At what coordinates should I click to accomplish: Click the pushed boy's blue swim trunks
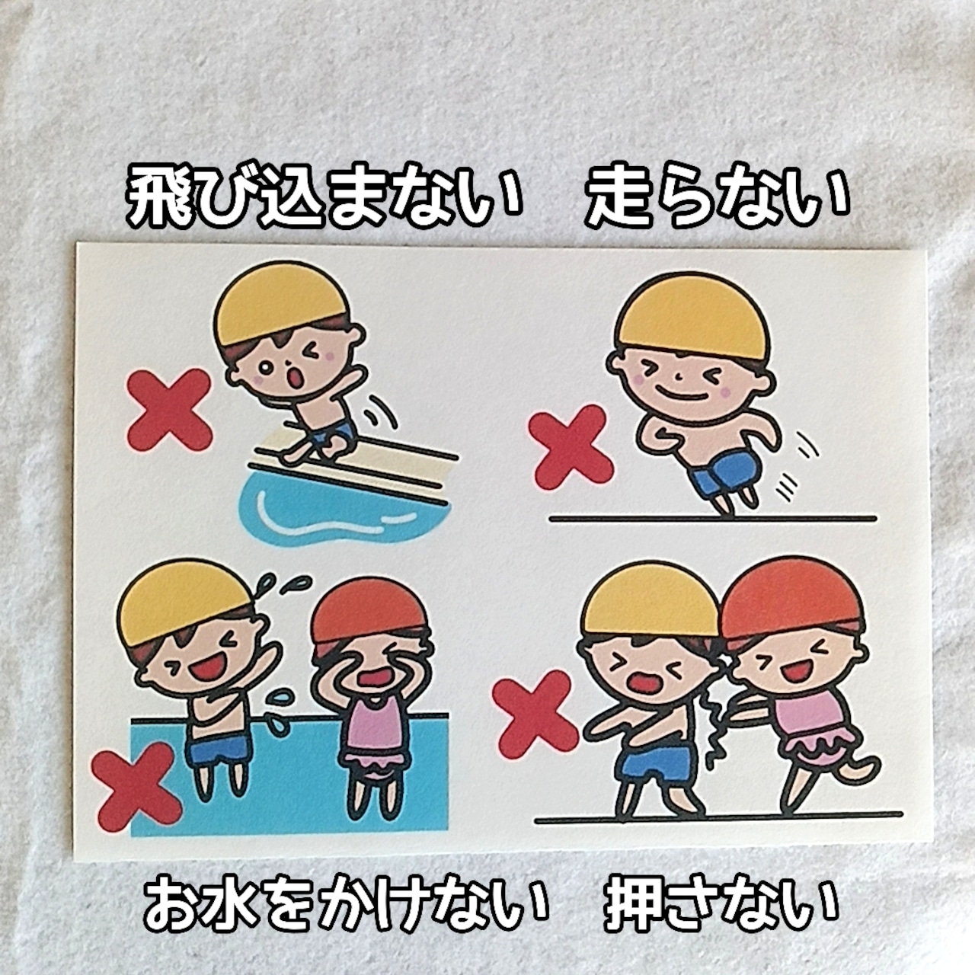pyautogui.click(x=653, y=764)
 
